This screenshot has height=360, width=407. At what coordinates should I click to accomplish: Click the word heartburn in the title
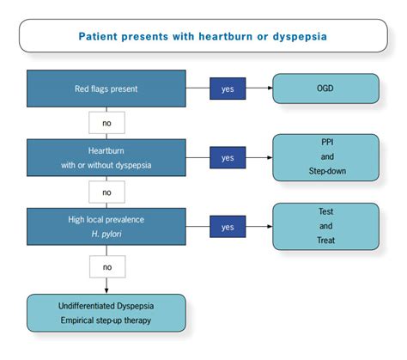[226, 36]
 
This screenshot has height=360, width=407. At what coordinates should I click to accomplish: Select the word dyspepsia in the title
[300, 37]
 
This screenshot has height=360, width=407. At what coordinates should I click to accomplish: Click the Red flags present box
[106, 88]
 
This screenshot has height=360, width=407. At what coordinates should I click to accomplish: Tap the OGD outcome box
[325, 88]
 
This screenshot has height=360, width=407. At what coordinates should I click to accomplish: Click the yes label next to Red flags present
[228, 88]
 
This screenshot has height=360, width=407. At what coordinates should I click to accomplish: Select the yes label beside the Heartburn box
[228, 157]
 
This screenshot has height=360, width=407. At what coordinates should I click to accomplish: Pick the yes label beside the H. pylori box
[228, 227]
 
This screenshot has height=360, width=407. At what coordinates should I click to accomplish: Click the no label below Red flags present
[106, 123]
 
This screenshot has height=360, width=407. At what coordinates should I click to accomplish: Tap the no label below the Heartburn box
[106, 192]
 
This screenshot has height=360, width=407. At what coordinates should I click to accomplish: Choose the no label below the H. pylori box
[107, 267]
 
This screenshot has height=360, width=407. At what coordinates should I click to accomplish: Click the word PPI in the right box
[327, 142]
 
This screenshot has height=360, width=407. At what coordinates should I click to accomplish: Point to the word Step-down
[327, 171]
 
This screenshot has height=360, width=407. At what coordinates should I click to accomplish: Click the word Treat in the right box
[325, 240]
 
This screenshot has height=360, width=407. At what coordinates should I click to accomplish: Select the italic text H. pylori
[106, 234]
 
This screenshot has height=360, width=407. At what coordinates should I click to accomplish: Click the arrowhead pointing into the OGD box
[270, 88]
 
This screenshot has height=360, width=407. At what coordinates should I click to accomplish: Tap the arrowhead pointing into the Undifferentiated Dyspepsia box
[106, 290]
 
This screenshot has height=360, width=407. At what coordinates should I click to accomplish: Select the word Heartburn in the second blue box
[106, 150]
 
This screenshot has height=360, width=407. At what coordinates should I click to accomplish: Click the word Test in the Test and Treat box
[325, 211]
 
